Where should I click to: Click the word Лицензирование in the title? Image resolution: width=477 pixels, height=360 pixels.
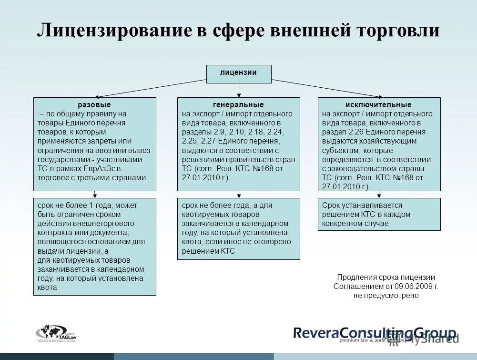click(x=113, y=30)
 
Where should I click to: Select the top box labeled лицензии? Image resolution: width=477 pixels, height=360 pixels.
click(x=238, y=73)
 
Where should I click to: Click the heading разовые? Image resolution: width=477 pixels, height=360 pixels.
click(x=94, y=105)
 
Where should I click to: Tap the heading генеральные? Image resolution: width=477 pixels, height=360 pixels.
click(x=238, y=105)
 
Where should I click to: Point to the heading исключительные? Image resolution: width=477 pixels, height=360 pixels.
click(x=379, y=105)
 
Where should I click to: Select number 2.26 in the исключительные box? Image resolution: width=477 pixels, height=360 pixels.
click(x=354, y=132)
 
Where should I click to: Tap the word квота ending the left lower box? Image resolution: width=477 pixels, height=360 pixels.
click(x=47, y=287)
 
